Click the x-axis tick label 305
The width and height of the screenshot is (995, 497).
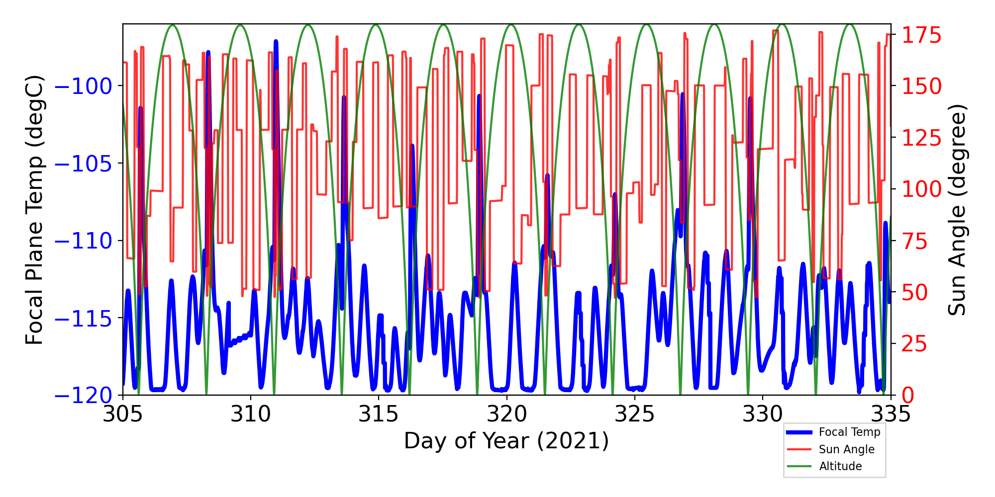(122, 414)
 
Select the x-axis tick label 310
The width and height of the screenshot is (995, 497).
(250, 414)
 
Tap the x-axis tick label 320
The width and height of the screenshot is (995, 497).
(506, 414)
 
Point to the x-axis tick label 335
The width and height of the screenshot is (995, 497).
(891, 414)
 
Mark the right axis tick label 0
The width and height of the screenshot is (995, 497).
(908, 396)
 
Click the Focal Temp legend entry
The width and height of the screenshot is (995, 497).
(849, 432)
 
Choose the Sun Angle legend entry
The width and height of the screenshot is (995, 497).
(846, 449)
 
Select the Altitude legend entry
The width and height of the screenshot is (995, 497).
(840, 466)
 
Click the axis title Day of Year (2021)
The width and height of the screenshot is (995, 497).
(506, 441)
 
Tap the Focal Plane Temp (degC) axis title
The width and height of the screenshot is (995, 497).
(35, 210)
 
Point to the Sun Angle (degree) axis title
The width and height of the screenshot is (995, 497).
(956, 210)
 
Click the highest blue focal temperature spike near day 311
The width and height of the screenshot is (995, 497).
(276, 41)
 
